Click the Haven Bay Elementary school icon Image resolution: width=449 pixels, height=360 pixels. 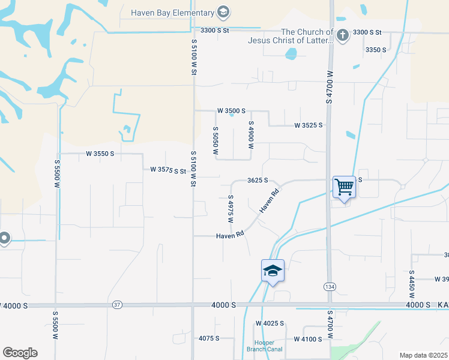coord(223,12)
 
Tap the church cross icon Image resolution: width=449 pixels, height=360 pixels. coord(342,35)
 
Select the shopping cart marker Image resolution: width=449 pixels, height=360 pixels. coord(344,187)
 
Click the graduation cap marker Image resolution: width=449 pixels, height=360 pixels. coord(273,271)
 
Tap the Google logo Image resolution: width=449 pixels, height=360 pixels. coord(20,353)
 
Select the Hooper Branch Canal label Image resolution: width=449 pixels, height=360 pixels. coord(264,346)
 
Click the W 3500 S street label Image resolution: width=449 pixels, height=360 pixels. coord(232,111)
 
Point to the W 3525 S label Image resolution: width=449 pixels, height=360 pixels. coord(308,125)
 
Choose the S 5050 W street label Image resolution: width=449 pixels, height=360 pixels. coord(215,141)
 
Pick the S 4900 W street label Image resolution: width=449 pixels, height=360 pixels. coord(252,134)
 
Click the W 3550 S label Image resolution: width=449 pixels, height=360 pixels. coord(100,154)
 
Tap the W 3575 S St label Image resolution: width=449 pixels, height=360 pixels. coord(168,170)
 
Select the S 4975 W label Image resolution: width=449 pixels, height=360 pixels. coord(230,208)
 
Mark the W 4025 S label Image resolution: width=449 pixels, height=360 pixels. coord(269,323)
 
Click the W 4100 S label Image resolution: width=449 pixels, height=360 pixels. coord(308,339)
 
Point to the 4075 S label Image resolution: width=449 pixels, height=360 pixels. coord(208,338)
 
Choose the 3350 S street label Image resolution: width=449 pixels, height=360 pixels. coord(376,50)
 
